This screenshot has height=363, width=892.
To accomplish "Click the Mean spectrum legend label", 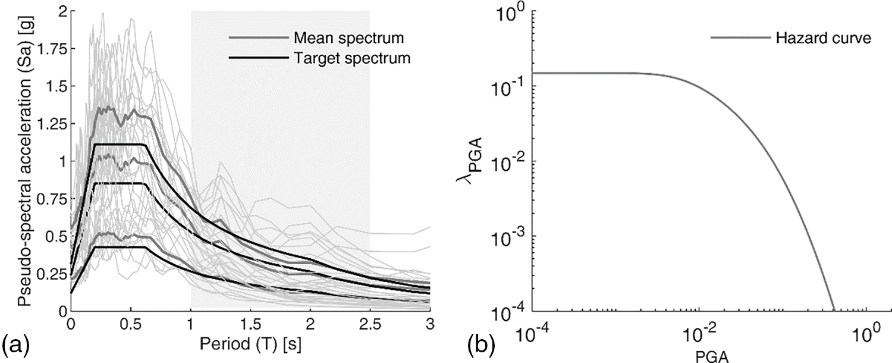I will (348, 38).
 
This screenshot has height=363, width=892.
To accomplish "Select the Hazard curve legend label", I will (823, 39).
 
